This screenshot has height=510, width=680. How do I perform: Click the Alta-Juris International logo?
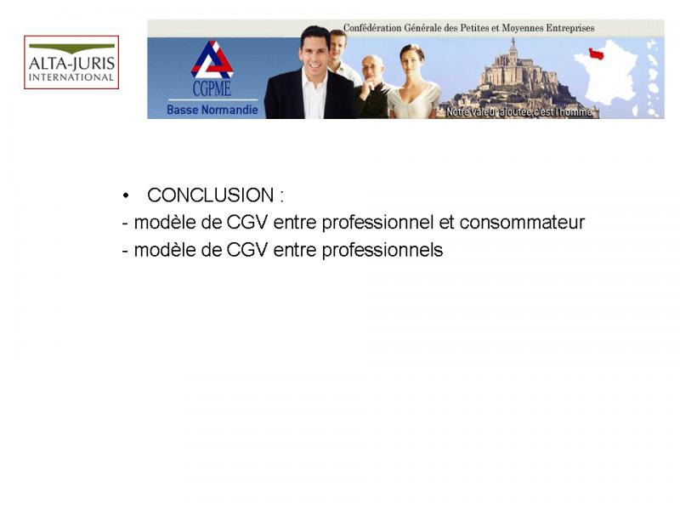[x=71, y=62]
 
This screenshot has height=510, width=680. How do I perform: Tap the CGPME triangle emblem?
[x=212, y=59]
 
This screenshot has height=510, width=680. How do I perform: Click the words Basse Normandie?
[x=212, y=110]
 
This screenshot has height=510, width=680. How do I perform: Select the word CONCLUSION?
[x=210, y=195]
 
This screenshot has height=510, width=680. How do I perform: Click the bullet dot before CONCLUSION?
[x=126, y=195]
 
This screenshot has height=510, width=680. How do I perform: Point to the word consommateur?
[x=522, y=223]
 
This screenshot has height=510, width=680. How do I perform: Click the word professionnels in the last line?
[x=382, y=250]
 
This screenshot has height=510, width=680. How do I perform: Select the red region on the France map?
[x=596, y=54]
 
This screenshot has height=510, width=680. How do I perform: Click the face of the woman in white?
[x=411, y=63]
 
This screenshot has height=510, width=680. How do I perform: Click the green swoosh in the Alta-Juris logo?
[x=72, y=48]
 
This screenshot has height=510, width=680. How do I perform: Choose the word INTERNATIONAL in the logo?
[x=71, y=77]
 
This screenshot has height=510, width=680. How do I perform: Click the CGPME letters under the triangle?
[x=212, y=88]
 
